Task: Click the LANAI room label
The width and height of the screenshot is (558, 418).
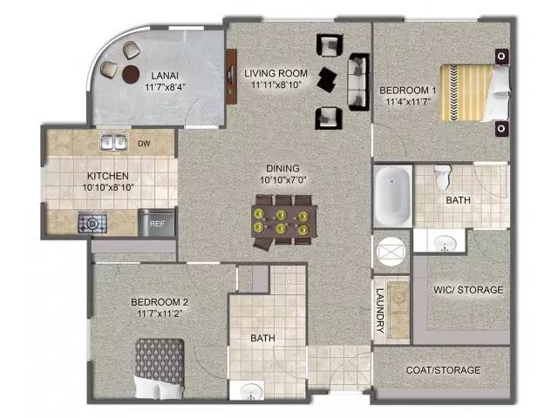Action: pos(165,76)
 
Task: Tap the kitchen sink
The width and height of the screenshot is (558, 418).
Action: pos(113,142)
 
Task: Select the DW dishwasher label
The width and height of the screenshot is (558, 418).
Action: pos(144,144)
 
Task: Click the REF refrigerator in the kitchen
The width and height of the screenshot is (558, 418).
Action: pos(157,223)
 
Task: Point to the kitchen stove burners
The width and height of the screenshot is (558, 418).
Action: pos(92,223)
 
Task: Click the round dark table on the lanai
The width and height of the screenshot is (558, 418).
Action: pos(131,74)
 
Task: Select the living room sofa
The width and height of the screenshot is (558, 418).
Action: pos(358,82)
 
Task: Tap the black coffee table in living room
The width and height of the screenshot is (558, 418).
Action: pos(328,79)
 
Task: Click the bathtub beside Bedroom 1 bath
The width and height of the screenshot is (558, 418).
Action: pos(392,196)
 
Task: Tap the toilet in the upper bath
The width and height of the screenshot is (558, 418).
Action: pos(442,177)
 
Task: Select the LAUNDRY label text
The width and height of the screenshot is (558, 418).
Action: pos(380,310)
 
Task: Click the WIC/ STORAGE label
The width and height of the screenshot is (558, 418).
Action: pos(468,290)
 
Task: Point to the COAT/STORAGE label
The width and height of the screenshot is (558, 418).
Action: pos(443,370)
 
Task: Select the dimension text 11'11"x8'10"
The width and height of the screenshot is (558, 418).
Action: pos(276,85)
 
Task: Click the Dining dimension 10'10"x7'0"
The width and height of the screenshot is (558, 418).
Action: pos(282,180)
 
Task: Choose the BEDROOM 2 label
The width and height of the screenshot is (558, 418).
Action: pos(160,302)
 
